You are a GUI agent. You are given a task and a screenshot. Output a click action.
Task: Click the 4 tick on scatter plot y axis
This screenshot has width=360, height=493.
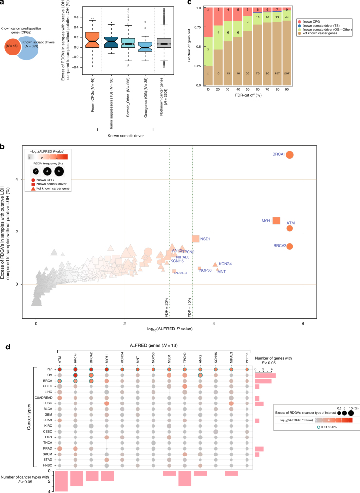pos(29,179)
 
